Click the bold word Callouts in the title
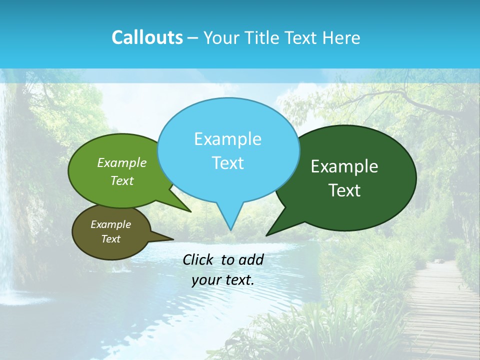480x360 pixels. tap(147, 37)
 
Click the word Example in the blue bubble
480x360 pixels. tap(227, 139)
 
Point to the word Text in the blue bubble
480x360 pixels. tap(227, 163)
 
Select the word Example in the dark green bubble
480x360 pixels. tap(344, 166)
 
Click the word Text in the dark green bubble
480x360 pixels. tap(344, 190)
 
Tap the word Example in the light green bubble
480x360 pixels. tap(122, 162)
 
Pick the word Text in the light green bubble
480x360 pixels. tap(122, 180)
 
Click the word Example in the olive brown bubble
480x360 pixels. tap(110, 224)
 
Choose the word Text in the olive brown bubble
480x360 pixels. tap(110, 239)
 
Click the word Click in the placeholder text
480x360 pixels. tap(199, 259)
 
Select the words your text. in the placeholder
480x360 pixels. tap(222, 280)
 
